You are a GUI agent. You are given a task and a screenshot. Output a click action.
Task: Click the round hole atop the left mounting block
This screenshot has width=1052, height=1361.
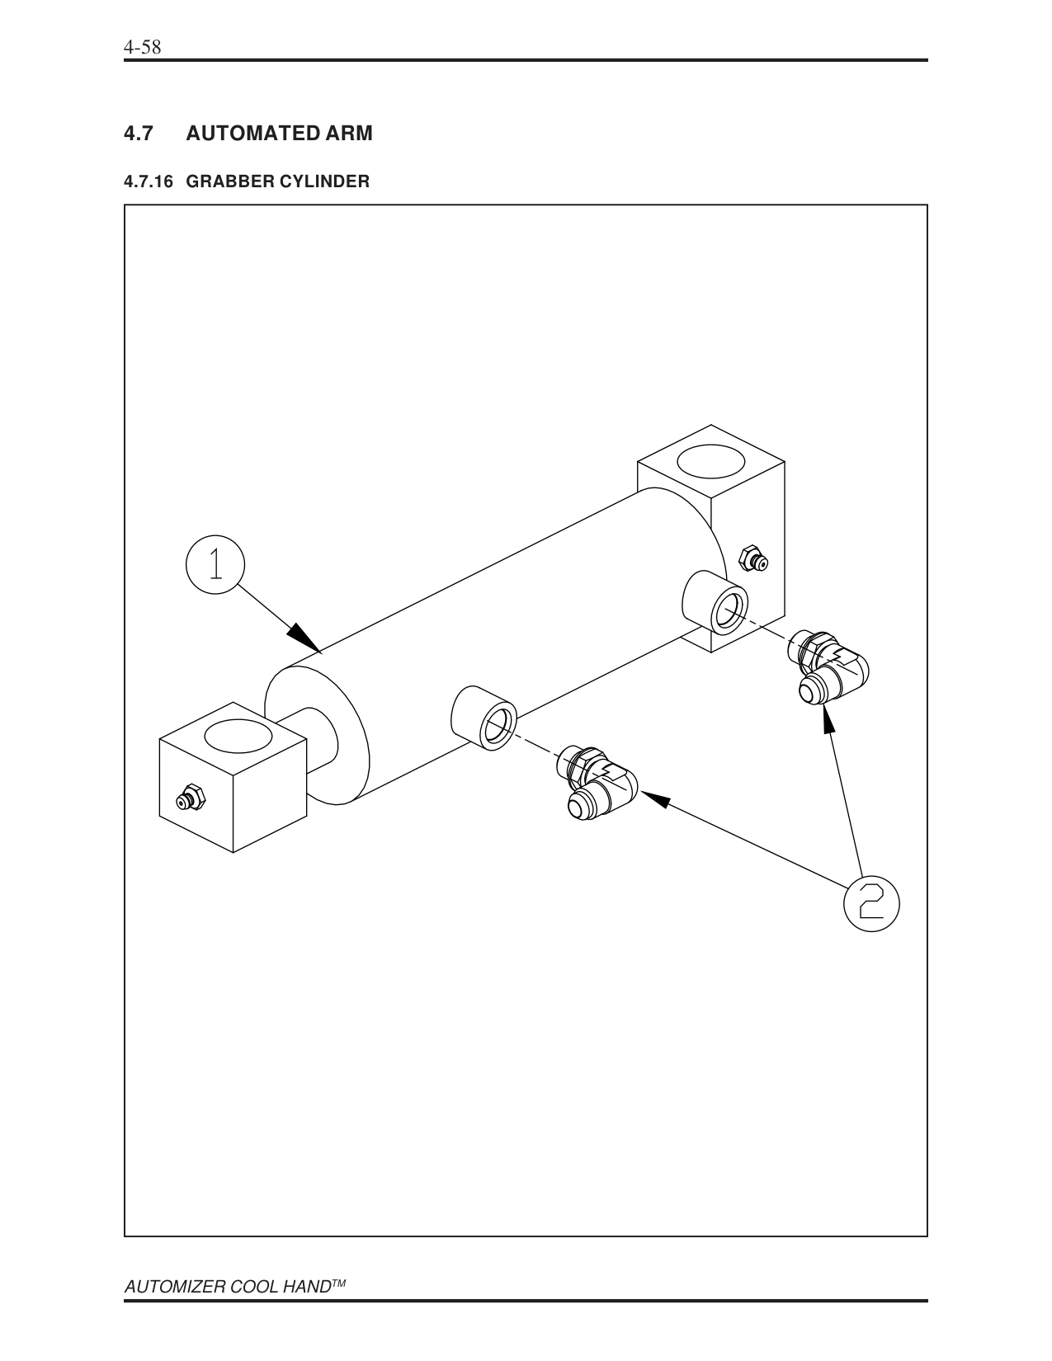pyautogui.click(x=238, y=736)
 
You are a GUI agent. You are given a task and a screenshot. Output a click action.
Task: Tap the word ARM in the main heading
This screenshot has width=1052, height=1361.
pyautogui.click(x=350, y=133)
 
